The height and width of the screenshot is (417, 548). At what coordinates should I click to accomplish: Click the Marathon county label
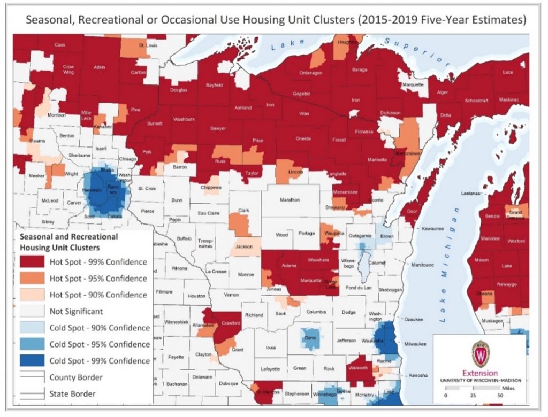click(290, 200)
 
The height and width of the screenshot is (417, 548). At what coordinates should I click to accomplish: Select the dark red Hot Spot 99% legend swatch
click(32, 262)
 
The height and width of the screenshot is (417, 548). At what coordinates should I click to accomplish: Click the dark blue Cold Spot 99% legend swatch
click(32, 360)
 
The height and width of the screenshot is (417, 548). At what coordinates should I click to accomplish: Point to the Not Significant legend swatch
click(32, 311)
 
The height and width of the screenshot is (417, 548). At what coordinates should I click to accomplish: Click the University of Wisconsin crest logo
click(480, 353)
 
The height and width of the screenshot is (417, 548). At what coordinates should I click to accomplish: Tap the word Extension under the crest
click(480, 373)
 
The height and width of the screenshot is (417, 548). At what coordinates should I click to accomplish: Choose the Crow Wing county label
click(68, 69)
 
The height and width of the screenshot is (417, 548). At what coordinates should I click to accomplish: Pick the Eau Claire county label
click(209, 213)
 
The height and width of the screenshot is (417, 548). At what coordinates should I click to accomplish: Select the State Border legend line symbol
click(32, 394)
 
